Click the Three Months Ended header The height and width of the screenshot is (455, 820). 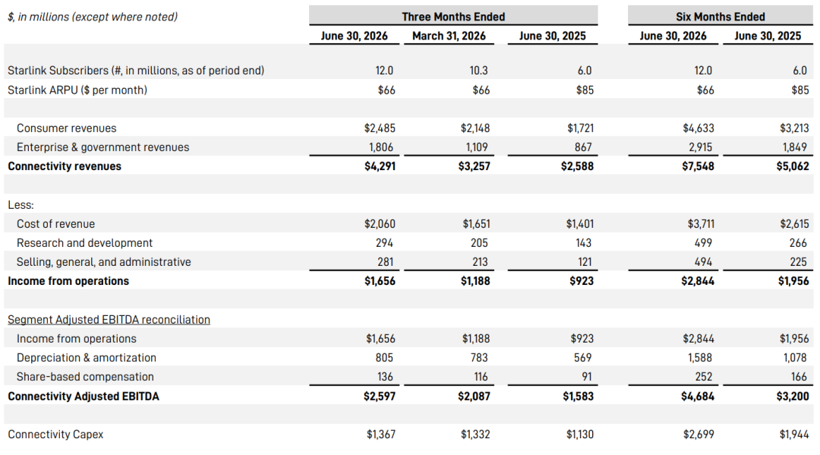tap(453, 17)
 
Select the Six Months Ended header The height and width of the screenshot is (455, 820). tap(720, 17)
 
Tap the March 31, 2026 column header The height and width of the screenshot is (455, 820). tap(449, 36)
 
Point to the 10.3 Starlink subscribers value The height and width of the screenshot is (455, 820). tap(478, 70)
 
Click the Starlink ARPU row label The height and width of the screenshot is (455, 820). tap(77, 90)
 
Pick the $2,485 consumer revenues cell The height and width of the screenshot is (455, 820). tap(380, 128)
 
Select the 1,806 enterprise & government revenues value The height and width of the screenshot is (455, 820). tap(380, 147)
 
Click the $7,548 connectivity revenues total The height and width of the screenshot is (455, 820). tap(698, 166)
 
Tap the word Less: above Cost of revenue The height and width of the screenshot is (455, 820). tap(20, 205)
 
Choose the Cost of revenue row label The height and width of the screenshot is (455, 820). tap(55, 224)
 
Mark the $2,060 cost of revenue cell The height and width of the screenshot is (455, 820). tap(380, 224)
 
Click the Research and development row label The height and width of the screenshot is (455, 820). tap(84, 243)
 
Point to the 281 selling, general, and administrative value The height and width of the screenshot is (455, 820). tap(385, 262)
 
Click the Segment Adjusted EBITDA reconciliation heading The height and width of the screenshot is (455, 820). tap(109, 320)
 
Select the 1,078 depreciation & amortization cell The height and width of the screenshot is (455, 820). tap(794, 358)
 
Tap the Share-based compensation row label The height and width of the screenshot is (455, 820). tap(85, 377)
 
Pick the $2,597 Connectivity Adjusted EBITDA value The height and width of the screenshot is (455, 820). tap(380, 397)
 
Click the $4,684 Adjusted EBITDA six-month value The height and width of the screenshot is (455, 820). tap(698, 397)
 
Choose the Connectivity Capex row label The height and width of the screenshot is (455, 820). tap(55, 434)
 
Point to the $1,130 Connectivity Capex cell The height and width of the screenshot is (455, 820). tap(579, 434)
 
